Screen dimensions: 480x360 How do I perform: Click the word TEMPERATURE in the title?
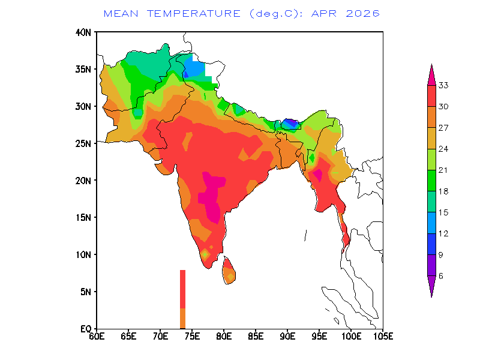194,14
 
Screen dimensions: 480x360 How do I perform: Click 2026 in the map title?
363,14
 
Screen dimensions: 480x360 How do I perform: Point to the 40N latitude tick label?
83,32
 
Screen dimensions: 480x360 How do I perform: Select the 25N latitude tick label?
83,143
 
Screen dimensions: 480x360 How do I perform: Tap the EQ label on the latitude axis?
86,329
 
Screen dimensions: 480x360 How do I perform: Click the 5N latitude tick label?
86,292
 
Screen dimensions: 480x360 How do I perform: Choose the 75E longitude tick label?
192,336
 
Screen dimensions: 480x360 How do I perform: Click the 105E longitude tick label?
383,336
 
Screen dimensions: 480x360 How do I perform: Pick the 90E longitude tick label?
288,336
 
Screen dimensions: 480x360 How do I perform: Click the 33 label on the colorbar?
443,85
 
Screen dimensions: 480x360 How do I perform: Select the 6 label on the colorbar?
441,276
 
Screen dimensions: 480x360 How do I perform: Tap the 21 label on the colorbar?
443,170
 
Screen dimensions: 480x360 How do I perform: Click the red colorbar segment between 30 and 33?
431,96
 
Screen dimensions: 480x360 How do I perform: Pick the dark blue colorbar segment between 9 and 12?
431,244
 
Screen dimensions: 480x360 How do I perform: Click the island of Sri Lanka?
229,271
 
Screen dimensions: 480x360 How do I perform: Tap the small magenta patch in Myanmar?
317,175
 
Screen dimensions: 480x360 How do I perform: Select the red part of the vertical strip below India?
183,289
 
